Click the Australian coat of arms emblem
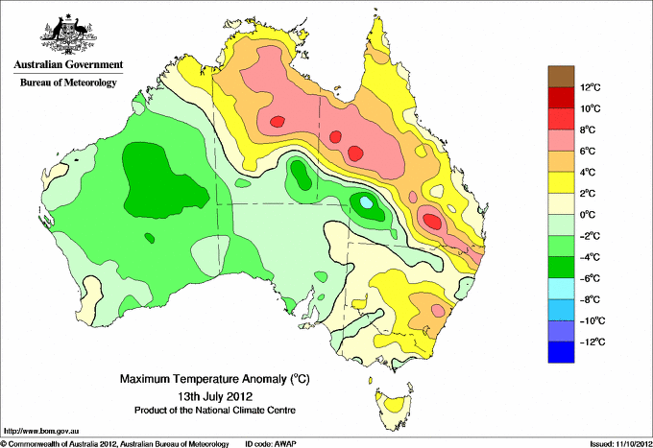click(x=68, y=35)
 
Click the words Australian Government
click(x=68, y=64)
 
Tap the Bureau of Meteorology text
click(x=68, y=83)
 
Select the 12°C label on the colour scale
click(x=591, y=87)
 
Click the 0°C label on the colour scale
click(x=588, y=215)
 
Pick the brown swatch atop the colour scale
click(x=561, y=77)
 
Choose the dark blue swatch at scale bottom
click(x=561, y=352)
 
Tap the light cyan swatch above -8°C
click(x=561, y=289)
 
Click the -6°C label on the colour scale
click(x=590, y=278)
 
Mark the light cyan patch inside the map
click(x=366, y=202)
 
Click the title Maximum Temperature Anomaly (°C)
click(x=215, y=379)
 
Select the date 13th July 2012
click(x=215, y=395)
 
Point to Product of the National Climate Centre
click(x=215, y=411)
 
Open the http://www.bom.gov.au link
click(x=41, y=432)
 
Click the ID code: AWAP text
click(x=271, y=444)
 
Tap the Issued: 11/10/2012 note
click(x=621, y=444)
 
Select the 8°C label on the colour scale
click(x=588, y=130)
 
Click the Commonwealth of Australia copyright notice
click(x=115, y=444)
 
